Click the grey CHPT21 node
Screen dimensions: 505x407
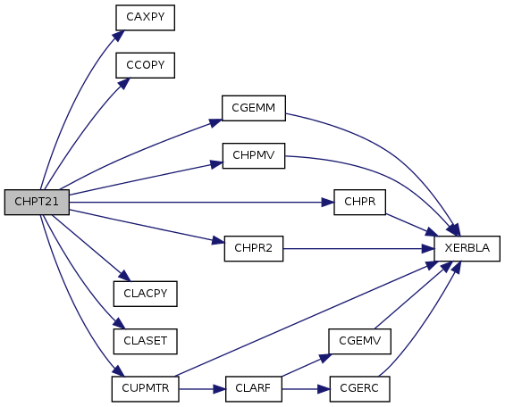pyautogui.click(x=37, y=203)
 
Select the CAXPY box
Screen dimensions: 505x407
pyautogui.click(x=146, y=18)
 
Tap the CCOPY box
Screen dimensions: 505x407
pyautogui.click(x=146, y=65)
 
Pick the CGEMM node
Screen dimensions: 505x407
pyautogui.click(x=254, y=108)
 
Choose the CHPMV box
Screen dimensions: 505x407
pyautogui.click(x=254, y=155)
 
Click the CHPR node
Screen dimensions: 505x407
pyautogui.click(x=359, y=203)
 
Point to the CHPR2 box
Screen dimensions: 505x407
pyautogui.click(x=254, y=248)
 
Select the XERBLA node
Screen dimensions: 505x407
pyautogui.click(x=467, y=248)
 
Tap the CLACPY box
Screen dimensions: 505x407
pyautogui.click(x=146, y=294)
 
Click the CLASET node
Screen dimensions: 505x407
pyautogui.click(x=146, y=342)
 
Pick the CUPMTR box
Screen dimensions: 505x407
pyautogui.click(x=146, y=389)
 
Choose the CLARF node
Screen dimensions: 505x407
pyautogui.click(x=254, y=389)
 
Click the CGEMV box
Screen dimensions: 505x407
pyautogui.click(x=359, y=342)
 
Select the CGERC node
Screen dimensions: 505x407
pyautogui.click(x=359, y=389)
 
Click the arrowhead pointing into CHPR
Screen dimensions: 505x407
pyautogui.click(x=328, y=203)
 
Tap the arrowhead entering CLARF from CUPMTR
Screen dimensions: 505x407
pyautogui.click(x=219, y=389)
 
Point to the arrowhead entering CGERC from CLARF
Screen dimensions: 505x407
pyautogui.click(x=324, y=389)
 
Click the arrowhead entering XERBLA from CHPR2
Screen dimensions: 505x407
pyautogui.click(x=428, y=249)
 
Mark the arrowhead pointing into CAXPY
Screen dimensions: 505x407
pyautogui.click(x=119, y=36)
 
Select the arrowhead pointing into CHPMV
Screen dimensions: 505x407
pyautogui.click(x=216, y=164)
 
